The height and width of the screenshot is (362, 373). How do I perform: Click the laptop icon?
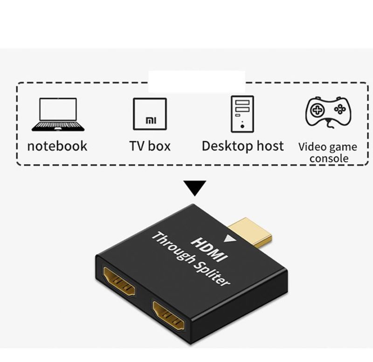click(x=58, y=114)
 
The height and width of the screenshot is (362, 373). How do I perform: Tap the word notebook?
click(x=57, y=146)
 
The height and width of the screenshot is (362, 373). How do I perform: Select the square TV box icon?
click(x=150, y=114)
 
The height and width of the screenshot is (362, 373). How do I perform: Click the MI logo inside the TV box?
click(x=151, y=121)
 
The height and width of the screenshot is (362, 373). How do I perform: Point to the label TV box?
click(x=150, y=146)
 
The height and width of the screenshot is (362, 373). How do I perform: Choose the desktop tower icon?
click(x=242, y=114)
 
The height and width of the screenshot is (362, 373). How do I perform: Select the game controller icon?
click(x=329, y=112)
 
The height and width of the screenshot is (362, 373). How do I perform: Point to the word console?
click(x=329, y=158)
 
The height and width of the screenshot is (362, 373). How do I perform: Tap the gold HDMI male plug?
click(x=250, y=232)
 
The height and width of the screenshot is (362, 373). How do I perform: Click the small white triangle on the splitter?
click(x=229, y=239)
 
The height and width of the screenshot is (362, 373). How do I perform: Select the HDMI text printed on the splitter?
click(x=209, y=250)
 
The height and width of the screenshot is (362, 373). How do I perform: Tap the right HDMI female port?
click(x=169, y=315)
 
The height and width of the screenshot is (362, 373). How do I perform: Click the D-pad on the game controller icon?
click(x=317, y=110)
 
